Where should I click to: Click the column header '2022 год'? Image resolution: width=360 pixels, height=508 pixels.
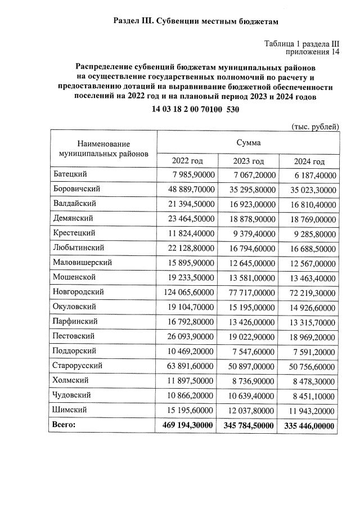(187, 161)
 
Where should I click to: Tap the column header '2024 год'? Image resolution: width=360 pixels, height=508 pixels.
(309, 161)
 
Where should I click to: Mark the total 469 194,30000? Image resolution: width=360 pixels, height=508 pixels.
(188, 425)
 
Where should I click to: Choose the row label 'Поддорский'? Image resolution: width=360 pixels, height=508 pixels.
(74, 351)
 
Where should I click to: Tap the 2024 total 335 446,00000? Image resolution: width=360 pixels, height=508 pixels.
(309, 425)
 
